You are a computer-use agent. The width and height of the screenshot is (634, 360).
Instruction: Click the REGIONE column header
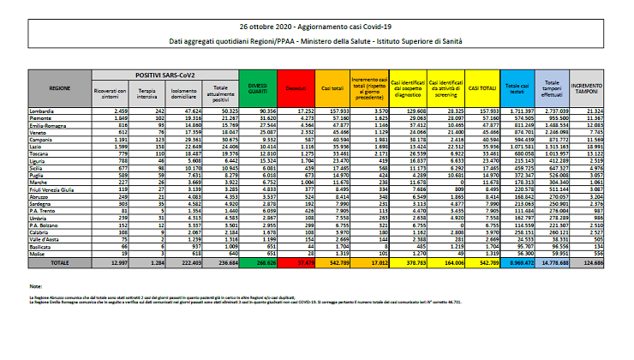pos(59,88)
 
